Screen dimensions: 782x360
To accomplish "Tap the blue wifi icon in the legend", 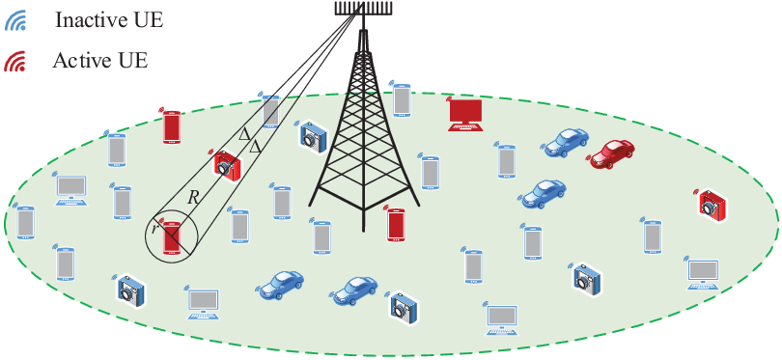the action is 14,22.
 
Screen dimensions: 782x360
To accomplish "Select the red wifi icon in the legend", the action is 14,62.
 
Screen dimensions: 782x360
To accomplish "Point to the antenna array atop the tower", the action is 363,8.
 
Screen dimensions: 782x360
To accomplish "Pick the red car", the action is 612,152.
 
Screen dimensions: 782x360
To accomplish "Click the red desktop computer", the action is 465,115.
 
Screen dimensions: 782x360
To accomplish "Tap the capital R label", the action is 193,198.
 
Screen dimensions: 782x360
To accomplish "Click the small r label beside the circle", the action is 154,230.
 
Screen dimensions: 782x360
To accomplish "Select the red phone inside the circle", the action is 172,238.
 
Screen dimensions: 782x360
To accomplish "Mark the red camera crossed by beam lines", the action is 228,164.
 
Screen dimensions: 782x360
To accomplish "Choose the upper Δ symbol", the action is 244,133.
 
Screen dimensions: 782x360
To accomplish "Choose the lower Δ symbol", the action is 255,147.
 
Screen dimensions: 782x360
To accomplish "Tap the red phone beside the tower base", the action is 396,224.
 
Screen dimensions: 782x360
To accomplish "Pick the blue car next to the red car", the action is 566,142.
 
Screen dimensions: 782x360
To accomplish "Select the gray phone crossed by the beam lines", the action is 271,111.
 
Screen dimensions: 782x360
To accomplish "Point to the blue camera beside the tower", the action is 313,134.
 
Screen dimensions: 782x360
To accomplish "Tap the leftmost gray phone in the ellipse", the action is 25,222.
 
